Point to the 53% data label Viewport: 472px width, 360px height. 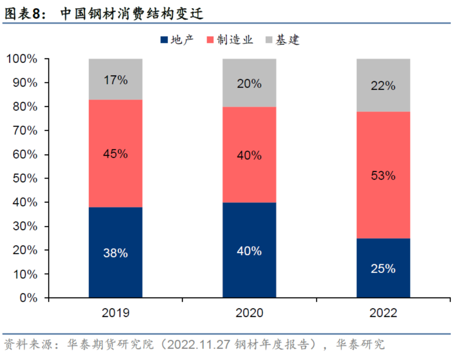coord(383,176)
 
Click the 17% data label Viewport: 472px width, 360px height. coord(115,80)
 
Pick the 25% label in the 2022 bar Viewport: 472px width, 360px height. coord(383,269)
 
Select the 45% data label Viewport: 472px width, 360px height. coord(115,154)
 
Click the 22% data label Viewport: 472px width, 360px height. coord(383,86)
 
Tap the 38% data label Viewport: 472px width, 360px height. coord(115,253)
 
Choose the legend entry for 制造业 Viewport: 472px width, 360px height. coord(230,40)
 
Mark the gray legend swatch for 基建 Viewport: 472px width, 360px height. coord(269,40)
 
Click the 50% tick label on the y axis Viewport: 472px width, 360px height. coord(24,179)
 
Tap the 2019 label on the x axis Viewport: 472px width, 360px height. coord(115,313)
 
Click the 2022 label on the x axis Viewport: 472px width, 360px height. coord(383,313)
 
